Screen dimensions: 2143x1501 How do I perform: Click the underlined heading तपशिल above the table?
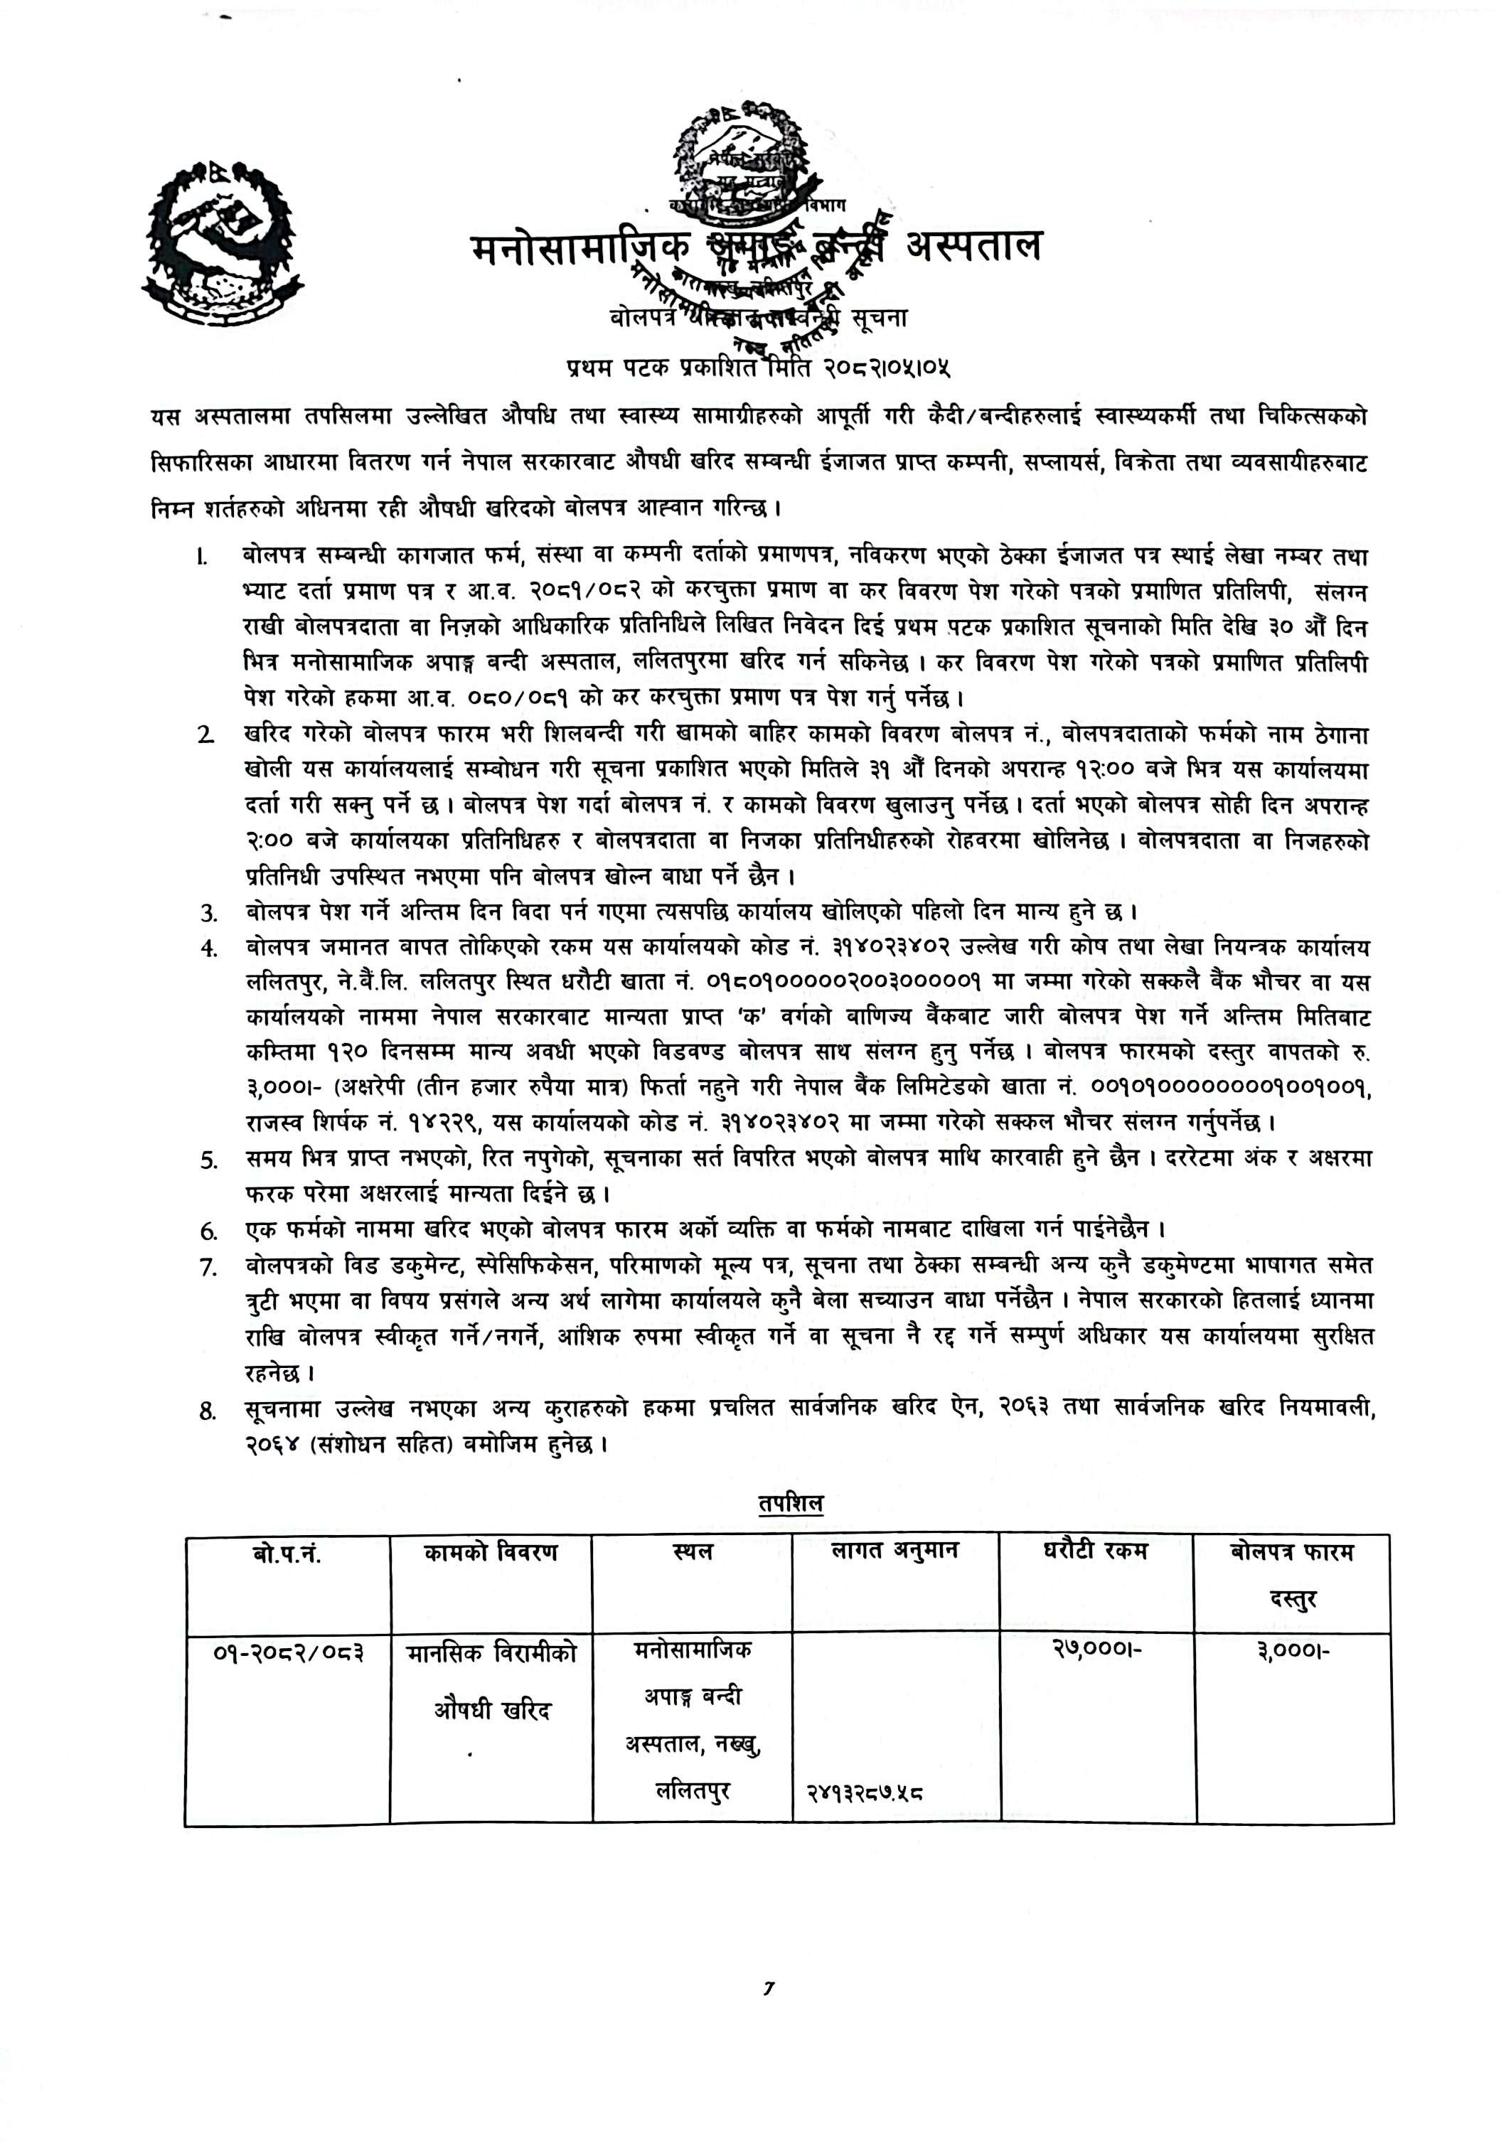click(791, 1504)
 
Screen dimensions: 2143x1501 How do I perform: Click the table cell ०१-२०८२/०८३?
click(287, 1653)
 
